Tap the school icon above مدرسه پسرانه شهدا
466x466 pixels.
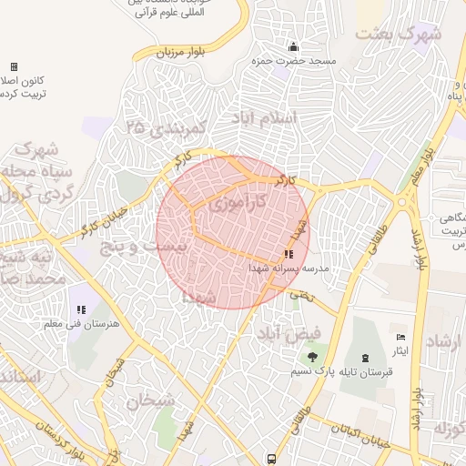click(289, 255)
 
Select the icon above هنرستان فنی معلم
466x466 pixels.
click(82, 311)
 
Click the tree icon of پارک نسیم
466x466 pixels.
click(313, 358)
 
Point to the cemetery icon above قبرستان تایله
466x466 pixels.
click(366, 357)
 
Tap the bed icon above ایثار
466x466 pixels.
click(400, 338)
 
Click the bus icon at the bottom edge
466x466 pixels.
click(271, 459)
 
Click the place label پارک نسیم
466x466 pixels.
click(314, 372)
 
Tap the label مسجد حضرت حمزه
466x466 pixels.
click(295, 61)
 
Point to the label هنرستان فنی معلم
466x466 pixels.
click(82, 326)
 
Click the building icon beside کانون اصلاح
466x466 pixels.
click(14, 66)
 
